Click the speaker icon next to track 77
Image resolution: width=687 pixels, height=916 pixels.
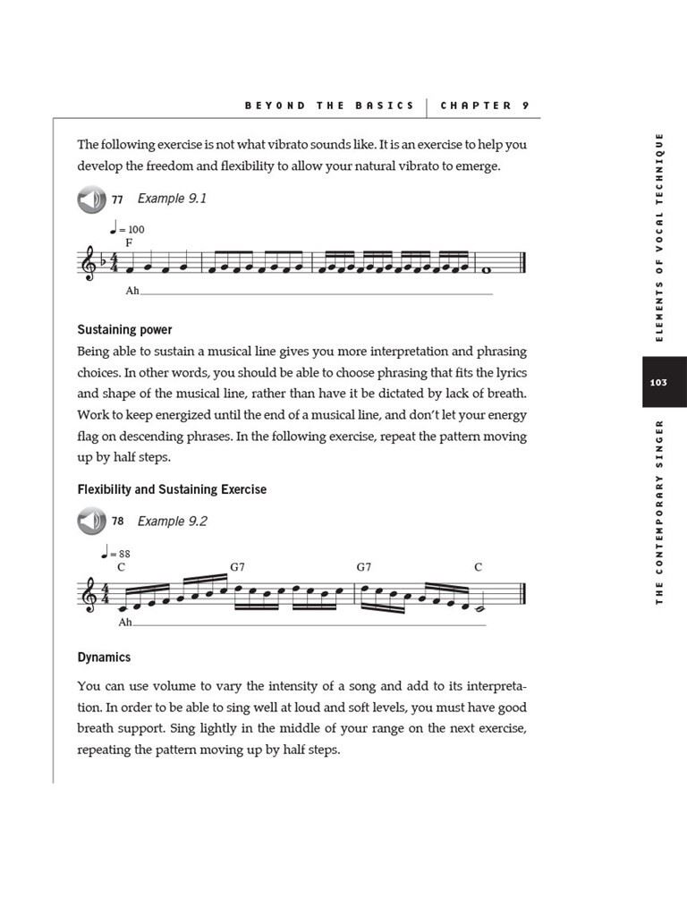[91, 199]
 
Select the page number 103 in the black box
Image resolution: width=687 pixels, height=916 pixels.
[658, 382]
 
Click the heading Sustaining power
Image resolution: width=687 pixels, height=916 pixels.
[124, 330]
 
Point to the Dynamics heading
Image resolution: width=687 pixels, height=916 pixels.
[104, 657]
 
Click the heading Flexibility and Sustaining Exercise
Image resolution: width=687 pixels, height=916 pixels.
[172, 489]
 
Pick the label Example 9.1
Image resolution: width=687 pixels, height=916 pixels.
[172, 199]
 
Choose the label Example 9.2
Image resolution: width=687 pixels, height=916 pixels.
[172, 522]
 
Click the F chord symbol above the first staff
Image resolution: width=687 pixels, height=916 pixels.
[129, 242]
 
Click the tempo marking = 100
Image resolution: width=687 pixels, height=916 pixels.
[126, 229]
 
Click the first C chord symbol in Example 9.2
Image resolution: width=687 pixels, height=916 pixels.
[121, 567]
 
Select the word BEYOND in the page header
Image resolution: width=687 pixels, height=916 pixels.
[276, 106]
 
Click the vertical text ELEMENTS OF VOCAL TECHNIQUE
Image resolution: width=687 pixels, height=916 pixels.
[659, 236]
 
